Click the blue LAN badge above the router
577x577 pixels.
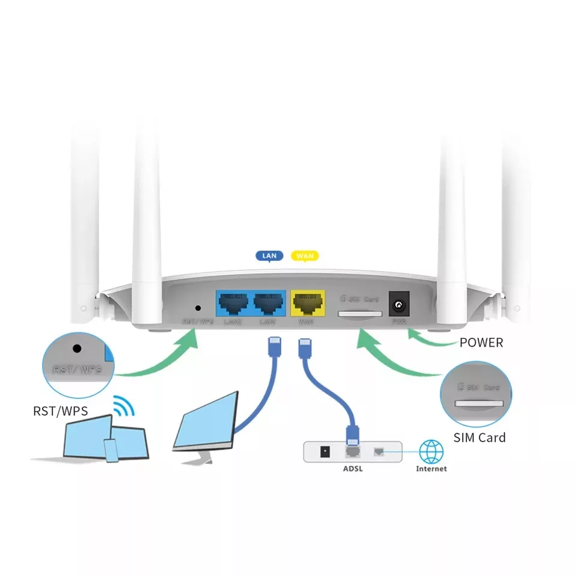point(270,256)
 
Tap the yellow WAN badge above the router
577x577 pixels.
point(305,256)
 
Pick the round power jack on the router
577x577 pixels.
point(397,306)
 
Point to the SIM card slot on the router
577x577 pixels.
point(360,314)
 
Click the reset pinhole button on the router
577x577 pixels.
point(198,307)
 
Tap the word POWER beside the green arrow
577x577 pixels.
point(481,343)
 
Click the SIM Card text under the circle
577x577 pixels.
point(479,438)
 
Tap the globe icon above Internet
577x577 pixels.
point(431,451)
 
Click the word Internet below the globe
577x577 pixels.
point(431,469)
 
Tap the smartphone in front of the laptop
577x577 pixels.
point(111,450)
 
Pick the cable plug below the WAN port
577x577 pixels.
point(304,347)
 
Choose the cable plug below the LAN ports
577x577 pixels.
point(271,347)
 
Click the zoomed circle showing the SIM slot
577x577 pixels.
point(476,394)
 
